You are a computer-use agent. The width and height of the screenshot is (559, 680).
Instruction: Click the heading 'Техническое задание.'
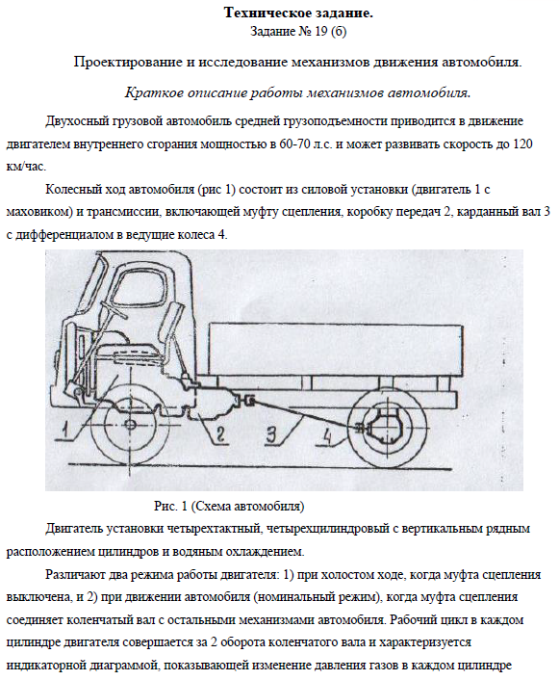point(298,13)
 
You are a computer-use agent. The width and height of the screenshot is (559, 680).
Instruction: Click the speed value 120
point(522,144)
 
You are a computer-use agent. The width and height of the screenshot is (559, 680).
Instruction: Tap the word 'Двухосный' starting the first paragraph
point(78,121)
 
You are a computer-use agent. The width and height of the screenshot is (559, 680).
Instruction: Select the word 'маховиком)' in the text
point(38,213)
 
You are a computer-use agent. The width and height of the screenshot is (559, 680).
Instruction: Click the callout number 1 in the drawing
point(65,430)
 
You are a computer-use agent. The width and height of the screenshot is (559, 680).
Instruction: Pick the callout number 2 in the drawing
point(220,434)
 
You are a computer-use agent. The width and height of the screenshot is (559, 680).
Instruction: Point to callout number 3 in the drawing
point(271,434)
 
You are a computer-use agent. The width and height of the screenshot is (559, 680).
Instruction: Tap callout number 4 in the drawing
point(327,436)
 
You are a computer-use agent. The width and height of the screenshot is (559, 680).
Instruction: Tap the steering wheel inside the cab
point(114,309)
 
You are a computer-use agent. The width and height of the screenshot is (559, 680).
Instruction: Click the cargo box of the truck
point(336,350)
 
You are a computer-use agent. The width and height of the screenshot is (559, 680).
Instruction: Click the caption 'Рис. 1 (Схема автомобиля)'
point(229,506)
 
